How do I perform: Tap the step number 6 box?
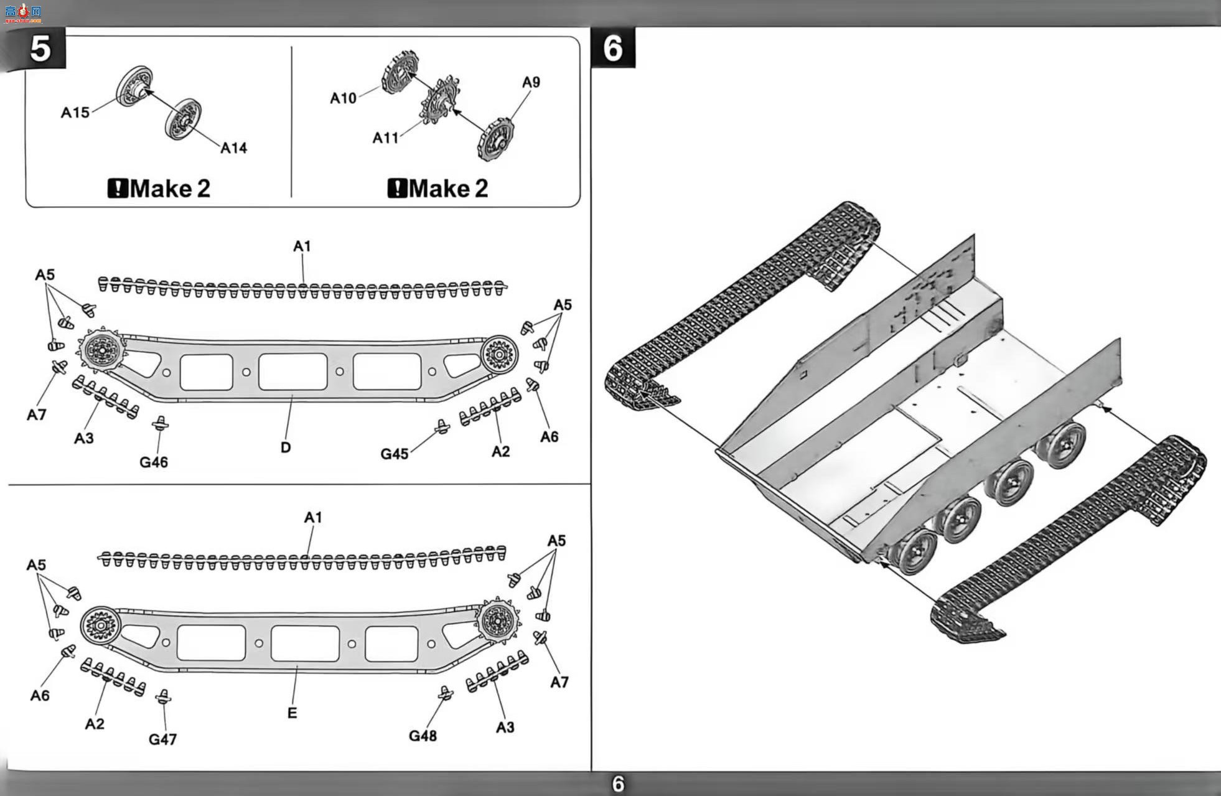point(613,47)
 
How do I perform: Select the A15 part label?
point(75,113)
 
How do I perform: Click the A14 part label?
point(234,148)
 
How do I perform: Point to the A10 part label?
point(343,98)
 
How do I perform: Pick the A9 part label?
point(531,82)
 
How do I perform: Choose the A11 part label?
point(385,138)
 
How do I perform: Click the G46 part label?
point(154,462)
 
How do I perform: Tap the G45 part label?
point(395,454)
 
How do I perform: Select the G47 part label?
point(162,739)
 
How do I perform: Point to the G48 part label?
point(423,736)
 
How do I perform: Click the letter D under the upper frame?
point(286,447)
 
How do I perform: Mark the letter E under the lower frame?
point(292,713)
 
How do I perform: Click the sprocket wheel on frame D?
point(101,350)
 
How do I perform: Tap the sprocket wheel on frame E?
point(498,620)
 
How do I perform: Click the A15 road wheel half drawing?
point(134,86)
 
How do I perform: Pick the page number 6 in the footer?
point(618,784)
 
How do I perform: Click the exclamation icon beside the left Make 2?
point(118,188)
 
